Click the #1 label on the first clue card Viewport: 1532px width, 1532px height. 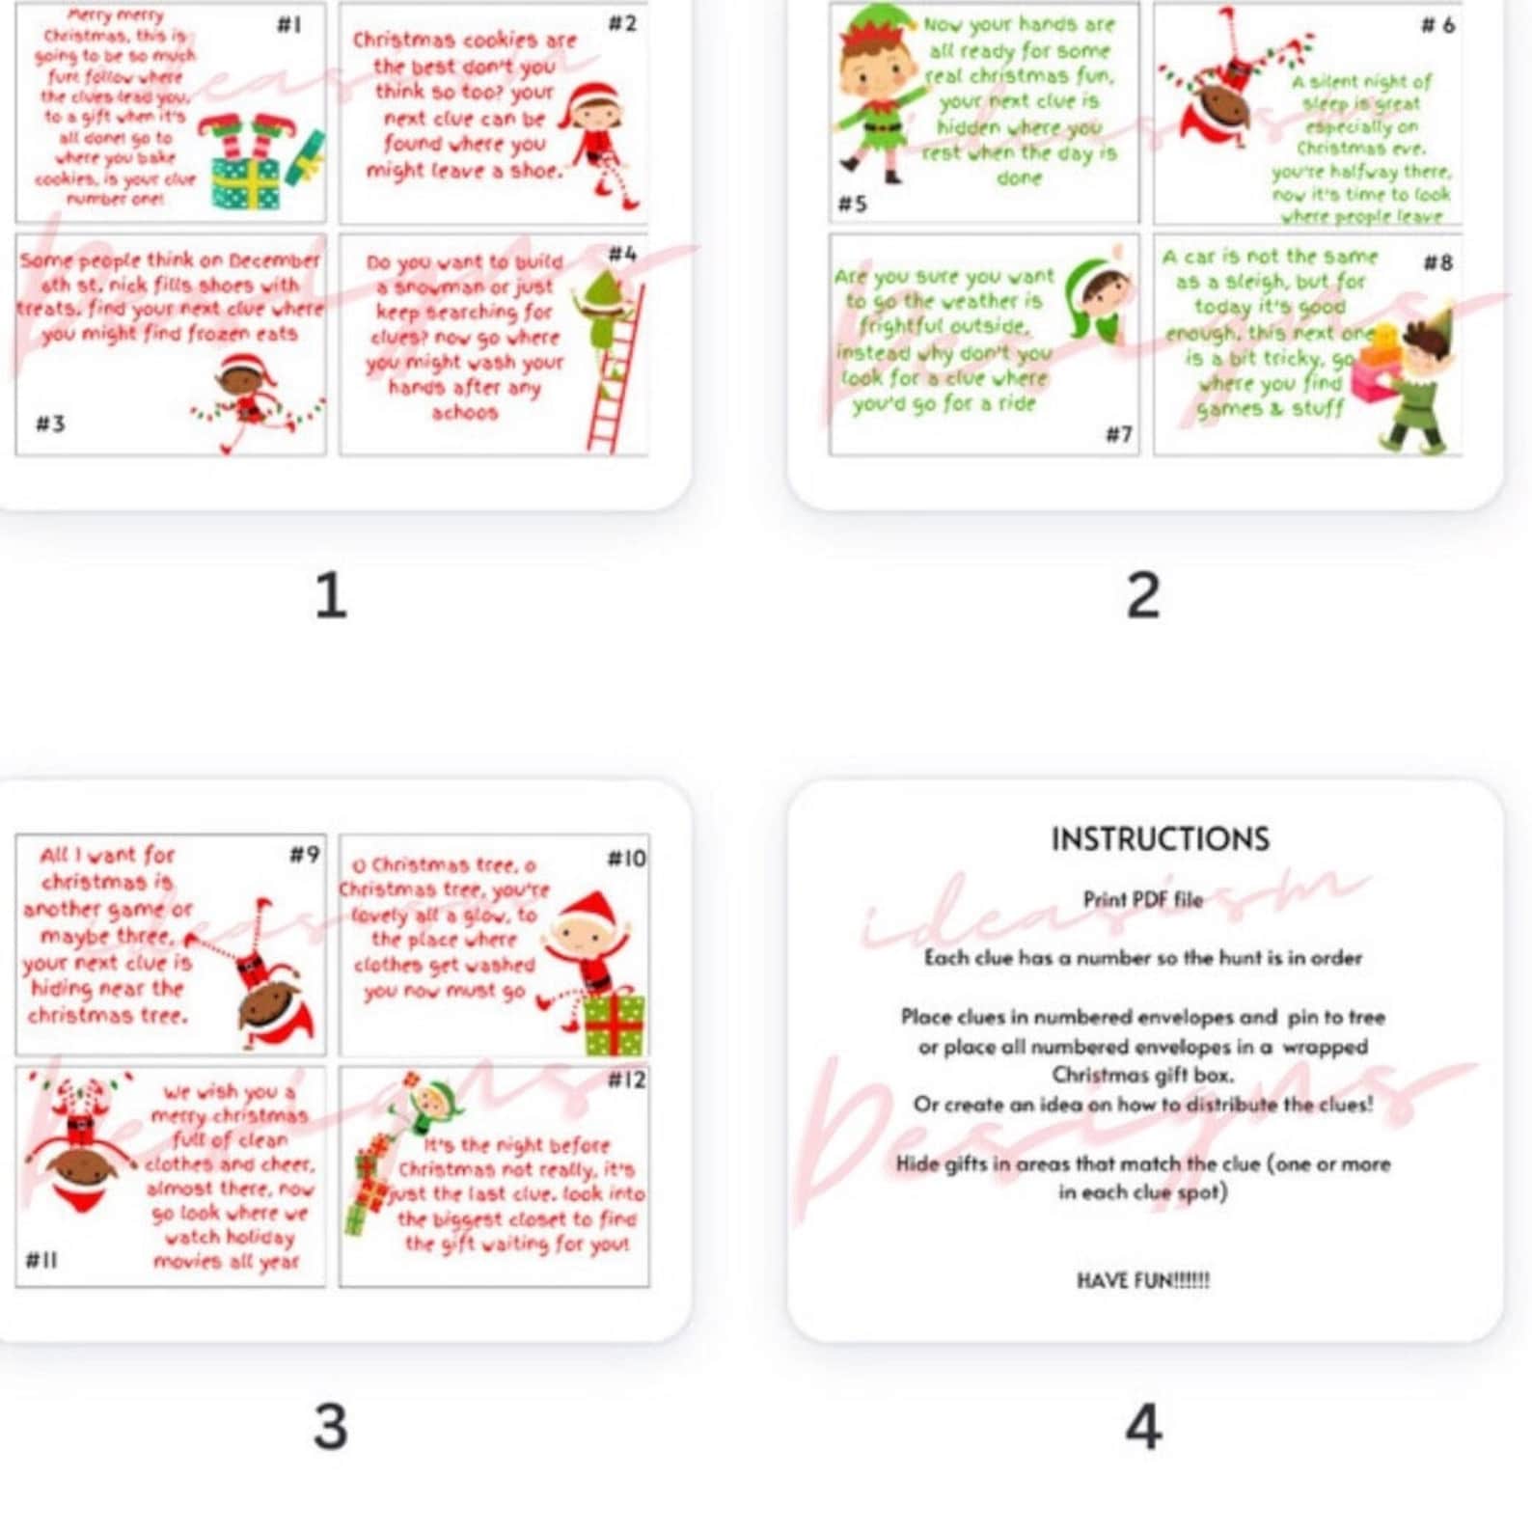[288, 25]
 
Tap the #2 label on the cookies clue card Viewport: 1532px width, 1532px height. [622, 23]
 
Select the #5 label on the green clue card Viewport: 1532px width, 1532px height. [852, 205]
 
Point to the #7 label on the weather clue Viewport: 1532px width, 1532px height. [1118, 435]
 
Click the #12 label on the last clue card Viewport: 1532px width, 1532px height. [627, 1081]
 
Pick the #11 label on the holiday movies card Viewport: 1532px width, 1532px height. [41, 1260]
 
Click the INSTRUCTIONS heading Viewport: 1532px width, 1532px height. [1160, 839]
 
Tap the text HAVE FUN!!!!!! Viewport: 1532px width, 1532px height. [1143, 1281]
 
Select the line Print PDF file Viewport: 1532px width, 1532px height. [1143, 900]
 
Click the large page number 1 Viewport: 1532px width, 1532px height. [330, 595]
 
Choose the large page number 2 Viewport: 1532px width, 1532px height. [1143, 595]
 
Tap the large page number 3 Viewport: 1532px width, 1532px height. [330, 1426]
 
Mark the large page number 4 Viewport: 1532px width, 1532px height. [1143, 1426]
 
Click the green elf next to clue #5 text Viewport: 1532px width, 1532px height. [873, 92]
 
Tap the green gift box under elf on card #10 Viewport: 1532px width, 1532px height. [614, 1025]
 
